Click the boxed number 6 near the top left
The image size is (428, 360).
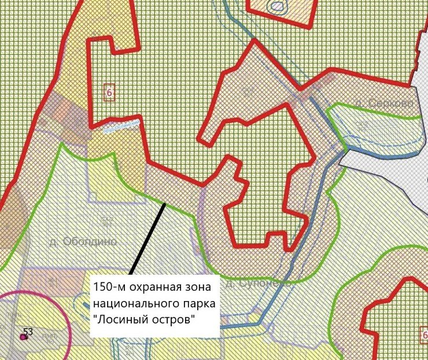tap(108, 92)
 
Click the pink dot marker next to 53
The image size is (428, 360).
tap(23, 337)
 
